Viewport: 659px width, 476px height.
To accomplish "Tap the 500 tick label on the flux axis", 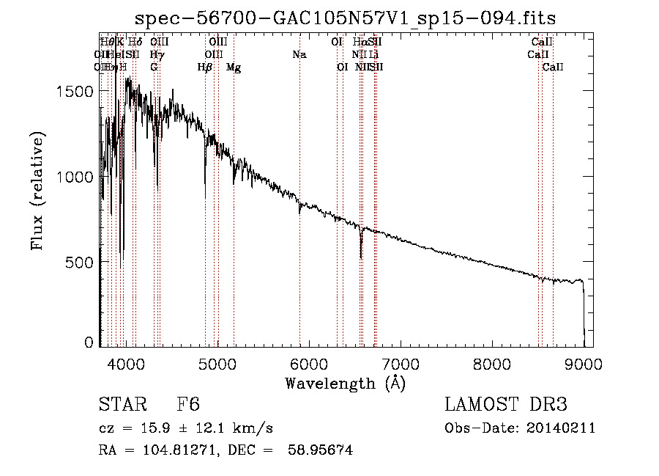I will click(x=81, y=263).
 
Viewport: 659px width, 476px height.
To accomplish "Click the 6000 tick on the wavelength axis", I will click(x=308, y=363).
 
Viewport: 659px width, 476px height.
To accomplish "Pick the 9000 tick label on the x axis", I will click(x=584, y=363).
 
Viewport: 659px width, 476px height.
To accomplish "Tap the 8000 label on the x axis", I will click(x=492, y=363).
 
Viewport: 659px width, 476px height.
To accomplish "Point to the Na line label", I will click(x=299, y=55).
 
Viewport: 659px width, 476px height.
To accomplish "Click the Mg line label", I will click(x=234, y=67).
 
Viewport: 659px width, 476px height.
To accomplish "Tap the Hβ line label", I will click(x=205, y=67).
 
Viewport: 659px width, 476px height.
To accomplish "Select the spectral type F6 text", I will click(x=188, y=406).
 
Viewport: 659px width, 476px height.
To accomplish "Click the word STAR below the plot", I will click(x=123, y=406).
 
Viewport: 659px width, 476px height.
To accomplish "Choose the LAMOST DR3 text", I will click(x=505, y=406).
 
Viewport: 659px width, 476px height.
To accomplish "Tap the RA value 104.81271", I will click(x=166, y=450).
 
